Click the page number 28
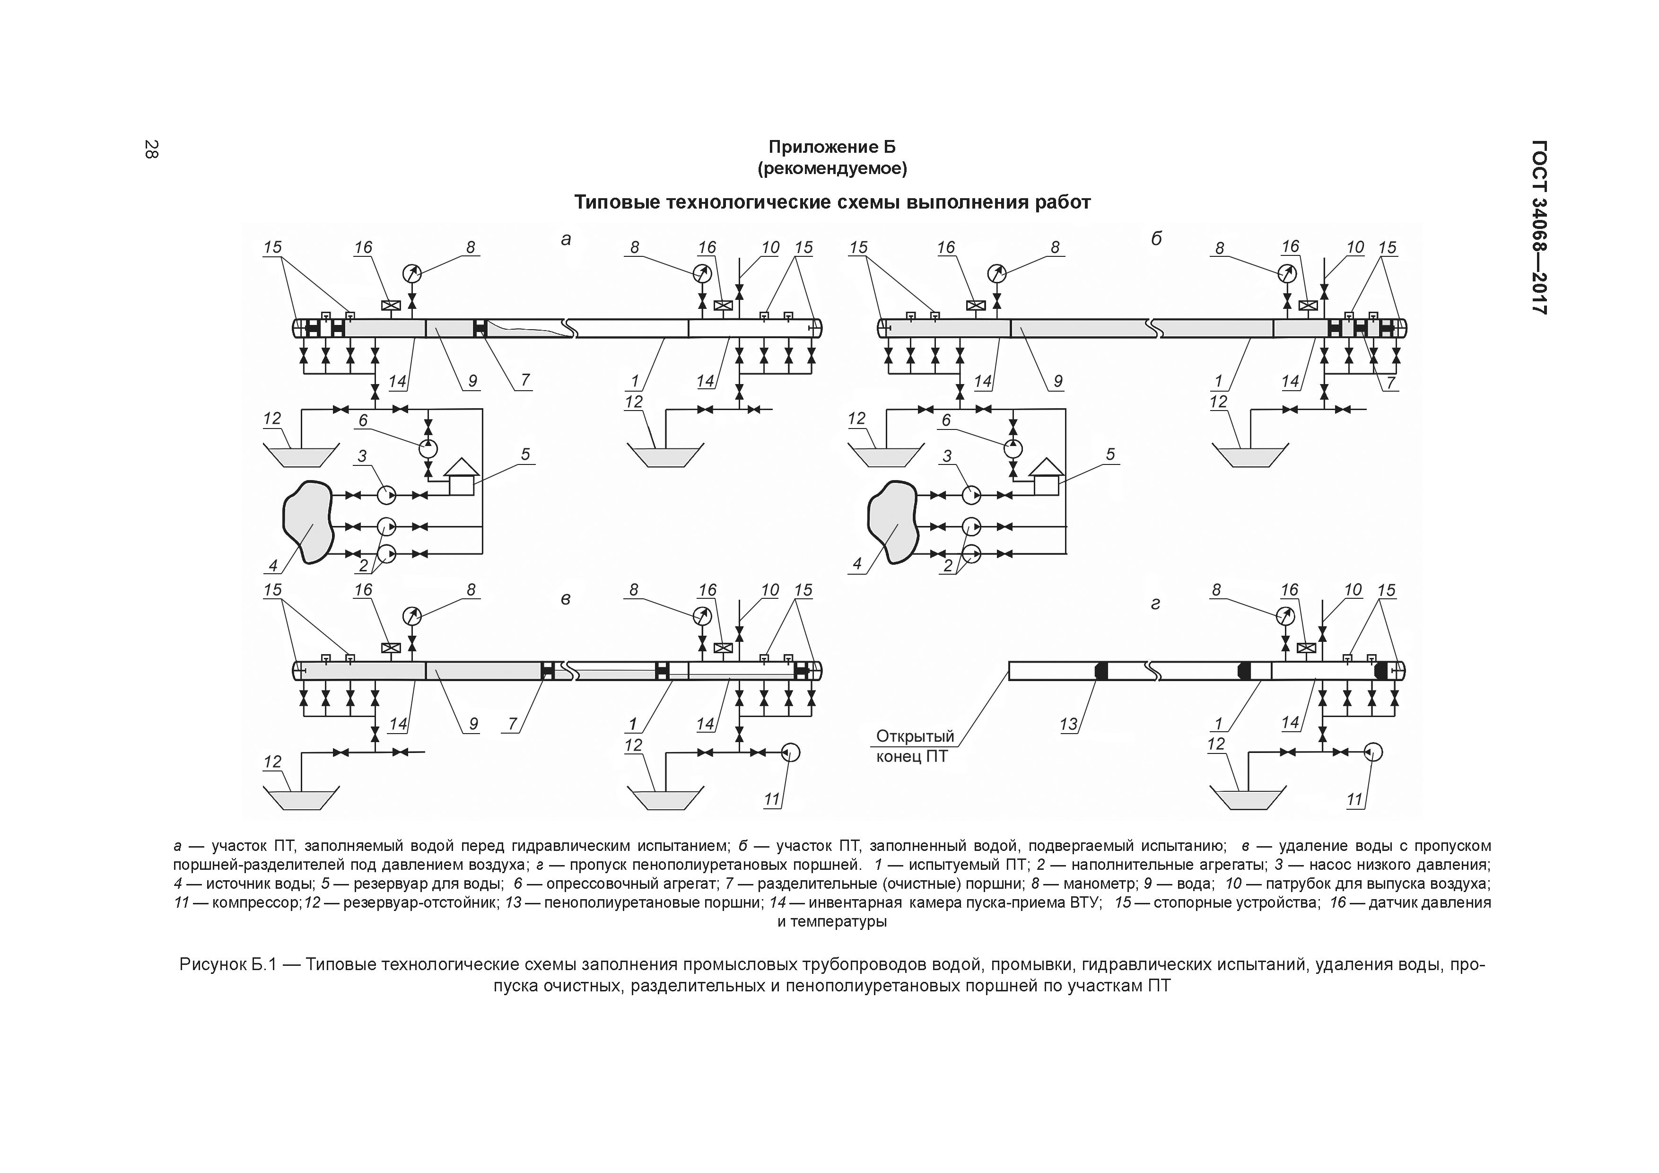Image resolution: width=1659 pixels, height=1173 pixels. coord(151,149)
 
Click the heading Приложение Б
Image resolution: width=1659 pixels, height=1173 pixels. coord(832,148)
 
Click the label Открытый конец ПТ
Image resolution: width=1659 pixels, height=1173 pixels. coord(914,746)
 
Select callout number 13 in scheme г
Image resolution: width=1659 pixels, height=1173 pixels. coord(1068,724)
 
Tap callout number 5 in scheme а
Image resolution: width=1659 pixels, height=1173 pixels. coord(525,454)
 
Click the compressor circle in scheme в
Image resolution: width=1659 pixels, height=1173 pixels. coord(791,753)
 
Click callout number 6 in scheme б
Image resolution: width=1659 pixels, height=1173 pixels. coord(947,420)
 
